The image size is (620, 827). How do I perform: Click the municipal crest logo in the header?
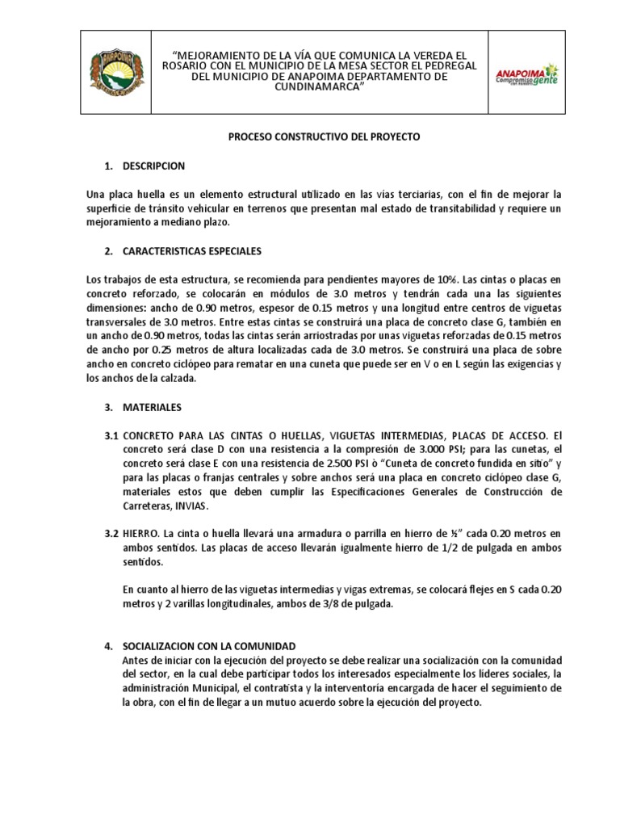coord(119,71)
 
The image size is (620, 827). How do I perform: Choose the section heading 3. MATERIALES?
coord(152,407)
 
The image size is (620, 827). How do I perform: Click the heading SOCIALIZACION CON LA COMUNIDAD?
coord(209,646)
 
